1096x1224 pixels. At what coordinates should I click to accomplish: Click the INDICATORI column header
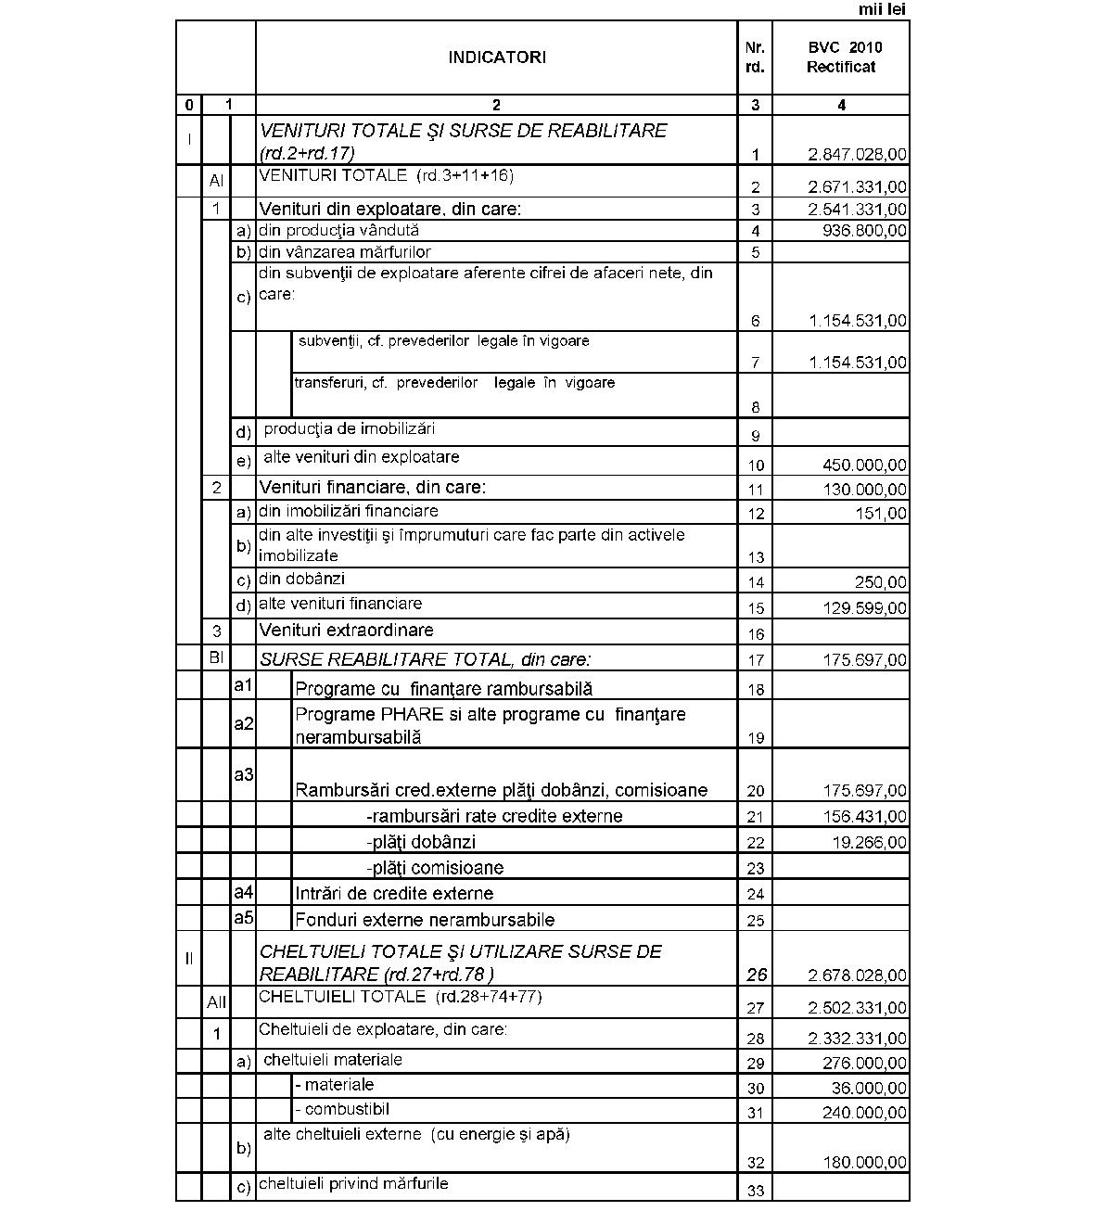[x=497, y=57]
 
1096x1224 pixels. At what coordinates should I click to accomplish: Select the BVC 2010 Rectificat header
[x=841, y=57]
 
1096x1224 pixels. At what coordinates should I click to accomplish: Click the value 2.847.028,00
[x=858, y=155]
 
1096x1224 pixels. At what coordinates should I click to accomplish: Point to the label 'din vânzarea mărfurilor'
[x=345, y=252]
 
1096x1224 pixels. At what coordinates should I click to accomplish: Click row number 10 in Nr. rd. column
[x=756, y=465]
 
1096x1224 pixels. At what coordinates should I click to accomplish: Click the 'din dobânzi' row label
[x=302, y=580]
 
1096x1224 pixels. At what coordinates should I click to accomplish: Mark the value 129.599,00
[x=865, y=608]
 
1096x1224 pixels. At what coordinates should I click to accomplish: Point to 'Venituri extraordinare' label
[x=347, y=631]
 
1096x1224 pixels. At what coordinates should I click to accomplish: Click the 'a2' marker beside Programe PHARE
[x=243, y=724]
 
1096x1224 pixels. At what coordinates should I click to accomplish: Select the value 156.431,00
[x=865, y=817]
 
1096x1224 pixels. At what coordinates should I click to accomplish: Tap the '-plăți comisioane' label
[x=435, y=869]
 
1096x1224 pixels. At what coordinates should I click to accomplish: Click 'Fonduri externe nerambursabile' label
[x=425, y=921]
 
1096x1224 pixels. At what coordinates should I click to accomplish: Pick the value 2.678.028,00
[x=858, y=975]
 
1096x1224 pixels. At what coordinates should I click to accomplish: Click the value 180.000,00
[x=865, y=1163]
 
